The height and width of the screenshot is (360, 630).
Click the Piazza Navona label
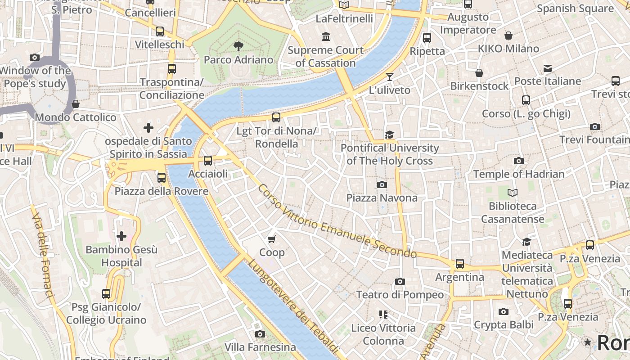click(x=382, y=198)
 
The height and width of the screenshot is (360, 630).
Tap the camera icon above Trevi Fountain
click(x=594, y=127)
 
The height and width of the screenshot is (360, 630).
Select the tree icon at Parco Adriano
click(x=238, y=45)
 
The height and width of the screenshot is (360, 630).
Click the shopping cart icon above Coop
click(x=271, y=238)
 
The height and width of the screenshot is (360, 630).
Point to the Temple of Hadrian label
click(x=518, y=174)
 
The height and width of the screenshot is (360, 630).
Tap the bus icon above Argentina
click(x=459, y=264)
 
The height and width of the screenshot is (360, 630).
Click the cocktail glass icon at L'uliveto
click(x=390, y=77)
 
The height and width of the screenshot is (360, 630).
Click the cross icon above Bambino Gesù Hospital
click(x=121, y=236)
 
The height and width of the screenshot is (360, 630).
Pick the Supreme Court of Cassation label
click(x=325, y=57)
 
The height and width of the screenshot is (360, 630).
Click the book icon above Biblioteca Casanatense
click(x=512, y=193)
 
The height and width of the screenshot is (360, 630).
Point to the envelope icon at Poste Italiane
click(x=547, y=68)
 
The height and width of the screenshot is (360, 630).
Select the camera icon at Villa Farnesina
click(x=260, y=334)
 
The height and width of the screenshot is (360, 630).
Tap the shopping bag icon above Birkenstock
click(x=479, y=73)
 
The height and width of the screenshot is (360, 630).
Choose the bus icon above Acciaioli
click(x=207, y=161)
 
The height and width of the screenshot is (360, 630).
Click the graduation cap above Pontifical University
click(x=389, y=135)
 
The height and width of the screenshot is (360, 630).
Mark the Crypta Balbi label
click(x=504, y=325)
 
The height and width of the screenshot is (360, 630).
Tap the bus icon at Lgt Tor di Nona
click(x=276, y=117)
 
